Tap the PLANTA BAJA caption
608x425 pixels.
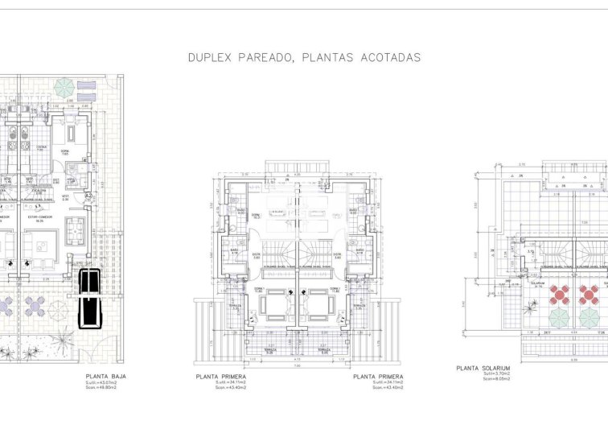[105, 376]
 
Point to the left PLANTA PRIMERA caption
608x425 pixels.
[220, 376]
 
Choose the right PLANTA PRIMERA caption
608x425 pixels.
[377, 376]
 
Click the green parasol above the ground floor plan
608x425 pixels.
[64, 87]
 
